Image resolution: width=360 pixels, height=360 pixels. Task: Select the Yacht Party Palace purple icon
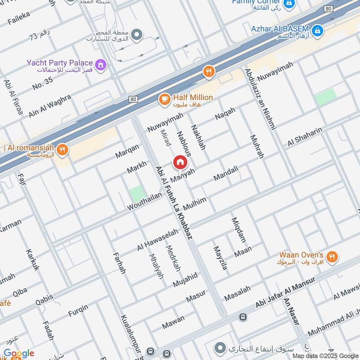pos(101,65)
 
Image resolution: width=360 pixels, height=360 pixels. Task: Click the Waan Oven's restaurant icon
pos(332,257)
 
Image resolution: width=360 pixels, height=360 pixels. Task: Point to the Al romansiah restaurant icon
pos(63,150)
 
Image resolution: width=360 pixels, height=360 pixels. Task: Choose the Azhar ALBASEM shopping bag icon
pos(318,30)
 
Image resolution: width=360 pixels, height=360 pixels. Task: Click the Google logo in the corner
pos(19,353)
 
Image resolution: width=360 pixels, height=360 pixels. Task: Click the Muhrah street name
pos(256,147)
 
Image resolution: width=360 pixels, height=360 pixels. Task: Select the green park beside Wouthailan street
pos(137,194)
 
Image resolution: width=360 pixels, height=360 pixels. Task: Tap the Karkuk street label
pos(33,260)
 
